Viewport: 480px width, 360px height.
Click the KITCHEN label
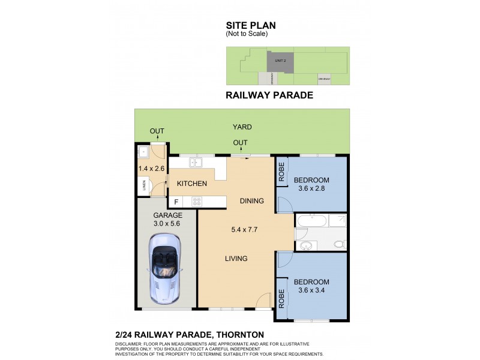pyautogui.click(x=192, y=184)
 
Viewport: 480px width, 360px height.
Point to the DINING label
pyautogui.click(x=251, y=201)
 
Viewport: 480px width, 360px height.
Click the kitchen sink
pyautogui.click(x=196, y=162)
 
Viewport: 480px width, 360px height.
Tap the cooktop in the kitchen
pyautogui.click(x=197, y=202)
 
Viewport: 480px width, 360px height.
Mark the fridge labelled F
pyautogui.click(x=176, y=202)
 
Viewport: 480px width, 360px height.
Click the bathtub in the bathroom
pyautogui.click(x=312, y=221)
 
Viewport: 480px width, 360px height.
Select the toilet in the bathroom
pyautogui.click(x=339, y=244)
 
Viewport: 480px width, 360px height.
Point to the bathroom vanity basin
pyautogui.click(x=307, y=245)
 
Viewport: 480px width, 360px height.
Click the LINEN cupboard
pyautogui.click(x=145, y=187)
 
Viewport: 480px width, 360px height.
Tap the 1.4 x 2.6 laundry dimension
pyautogui.click(x=151, y=169)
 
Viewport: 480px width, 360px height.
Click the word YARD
pyautogui.click(x=242, y=127)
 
